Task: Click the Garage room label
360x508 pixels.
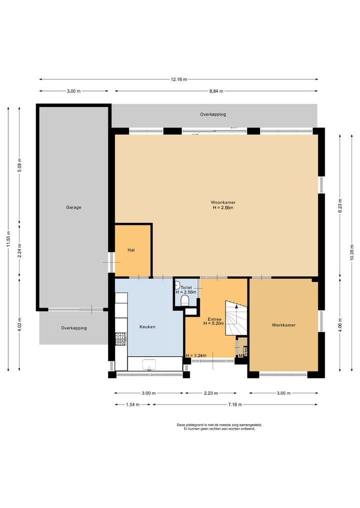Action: point(73,207)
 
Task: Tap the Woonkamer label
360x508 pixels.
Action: point(223,202)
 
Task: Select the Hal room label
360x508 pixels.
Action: point(131,250)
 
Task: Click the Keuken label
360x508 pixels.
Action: point(147,327)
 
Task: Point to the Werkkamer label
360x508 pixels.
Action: point(284,325)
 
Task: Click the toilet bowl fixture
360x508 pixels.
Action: point(185,301)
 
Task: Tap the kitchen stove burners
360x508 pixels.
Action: point(120,339)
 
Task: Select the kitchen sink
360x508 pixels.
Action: point(149,365)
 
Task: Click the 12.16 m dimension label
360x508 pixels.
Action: point(179,79)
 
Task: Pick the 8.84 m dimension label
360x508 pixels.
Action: point(216,91)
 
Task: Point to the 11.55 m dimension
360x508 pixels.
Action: point(9,239)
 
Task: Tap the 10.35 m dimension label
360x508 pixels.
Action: point(352,253)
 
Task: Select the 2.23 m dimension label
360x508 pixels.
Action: point(211,393)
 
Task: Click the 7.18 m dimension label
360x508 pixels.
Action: point(235,404)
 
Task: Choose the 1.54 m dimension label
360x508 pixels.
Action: point(132,404)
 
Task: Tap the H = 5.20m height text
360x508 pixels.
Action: point(213,323)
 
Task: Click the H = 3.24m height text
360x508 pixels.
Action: point(196,356)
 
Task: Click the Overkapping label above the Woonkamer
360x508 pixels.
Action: point(213,114)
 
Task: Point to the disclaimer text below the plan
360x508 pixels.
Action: point(219,427)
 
